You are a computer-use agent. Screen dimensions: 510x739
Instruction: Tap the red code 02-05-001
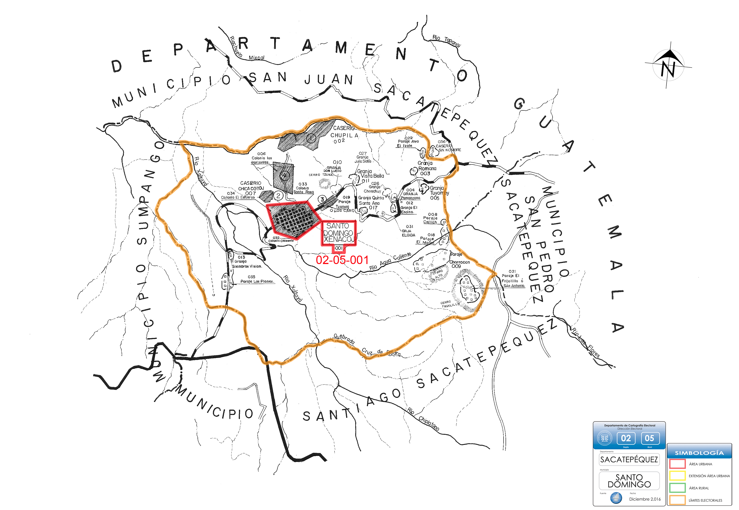tap(342, 260)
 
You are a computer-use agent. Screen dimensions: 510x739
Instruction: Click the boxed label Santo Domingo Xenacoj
tap(338, 233)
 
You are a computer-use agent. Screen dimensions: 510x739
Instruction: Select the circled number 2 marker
tap(278, 196)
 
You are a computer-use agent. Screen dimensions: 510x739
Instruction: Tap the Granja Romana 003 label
tap(426, 168)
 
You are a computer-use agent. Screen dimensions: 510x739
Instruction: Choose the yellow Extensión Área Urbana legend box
tap(677, 476)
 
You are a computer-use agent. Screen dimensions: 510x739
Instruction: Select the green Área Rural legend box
tap(677, 488)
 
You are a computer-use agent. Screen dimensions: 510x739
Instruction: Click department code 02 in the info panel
tap(626, 438)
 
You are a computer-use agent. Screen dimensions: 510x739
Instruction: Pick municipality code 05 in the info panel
tap(649, 438)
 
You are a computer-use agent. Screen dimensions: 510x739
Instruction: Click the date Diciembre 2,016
tap(645, 499)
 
